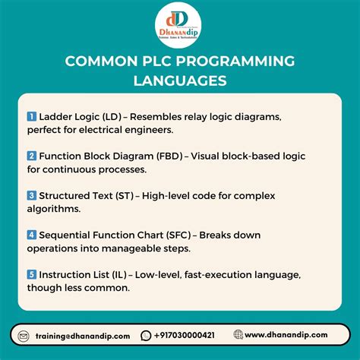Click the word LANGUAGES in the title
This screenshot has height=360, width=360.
click(179, 78)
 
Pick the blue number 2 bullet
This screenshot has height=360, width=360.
click(32, 156)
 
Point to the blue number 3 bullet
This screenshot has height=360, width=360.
click(32, 195)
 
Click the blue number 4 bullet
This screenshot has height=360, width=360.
click(32, 235)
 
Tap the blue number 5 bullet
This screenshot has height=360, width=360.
click(32, 274)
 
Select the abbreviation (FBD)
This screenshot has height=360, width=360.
click(163, 156)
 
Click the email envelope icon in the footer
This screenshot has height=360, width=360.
click(24, 335)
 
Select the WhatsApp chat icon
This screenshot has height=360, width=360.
click(146, 335)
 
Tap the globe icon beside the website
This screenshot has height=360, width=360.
click(238, 335)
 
